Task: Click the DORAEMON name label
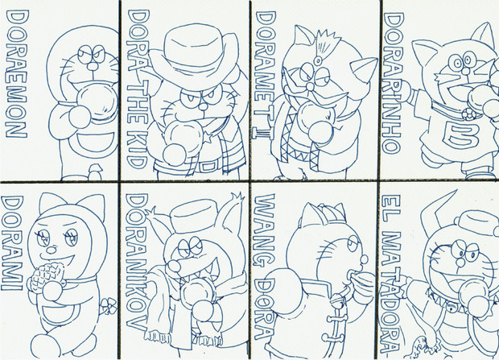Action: tap(17, 73)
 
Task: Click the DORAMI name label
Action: tap(12, 243)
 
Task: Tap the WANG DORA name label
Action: tap(263, 267)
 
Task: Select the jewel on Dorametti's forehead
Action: tap(318, 60)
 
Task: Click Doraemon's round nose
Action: tap(93, 66)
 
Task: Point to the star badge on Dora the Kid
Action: tap(208, 138)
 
